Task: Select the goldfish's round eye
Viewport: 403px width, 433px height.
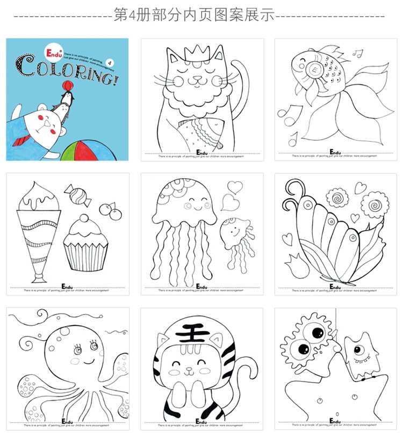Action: coord(311,68)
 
